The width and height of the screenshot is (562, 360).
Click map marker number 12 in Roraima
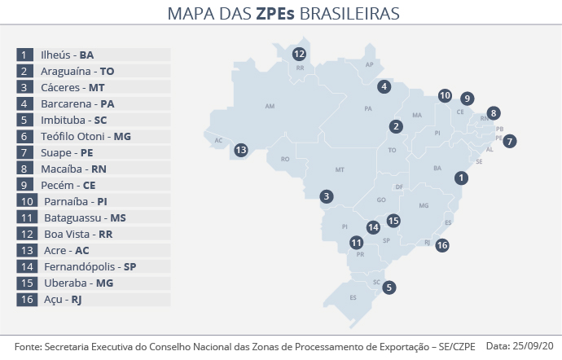pos(299,55)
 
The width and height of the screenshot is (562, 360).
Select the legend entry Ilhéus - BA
pos(68,55)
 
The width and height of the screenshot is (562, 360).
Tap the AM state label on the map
pos(271,106)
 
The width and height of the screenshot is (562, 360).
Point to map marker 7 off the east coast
pos(509,141)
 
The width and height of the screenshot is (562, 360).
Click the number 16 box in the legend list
pos(26,300)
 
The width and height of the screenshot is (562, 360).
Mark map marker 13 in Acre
pos(241,150)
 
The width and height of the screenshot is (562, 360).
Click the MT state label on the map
pos(340,170)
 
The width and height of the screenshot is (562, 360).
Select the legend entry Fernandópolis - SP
pos(90,266)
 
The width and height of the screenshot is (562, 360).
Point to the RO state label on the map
pos(285,160)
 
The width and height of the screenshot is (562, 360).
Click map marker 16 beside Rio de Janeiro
pos(442,244)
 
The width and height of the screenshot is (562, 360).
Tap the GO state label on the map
pos(381,200)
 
